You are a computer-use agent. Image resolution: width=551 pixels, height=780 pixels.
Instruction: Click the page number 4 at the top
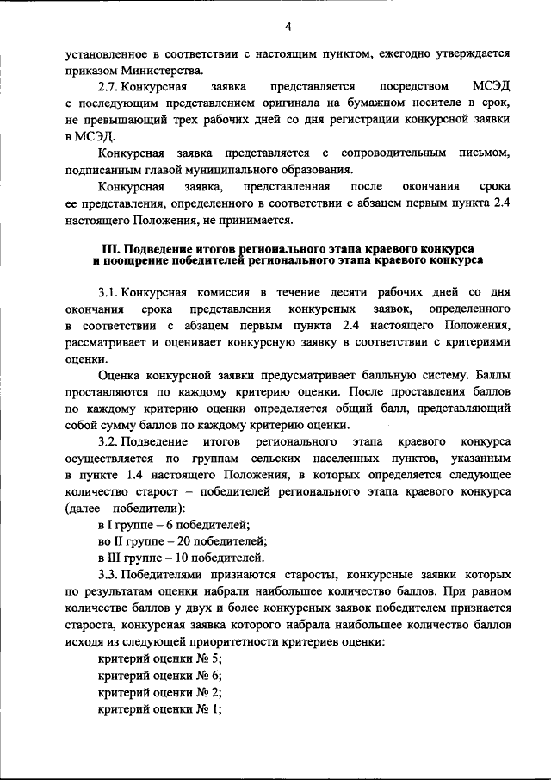[275, 25]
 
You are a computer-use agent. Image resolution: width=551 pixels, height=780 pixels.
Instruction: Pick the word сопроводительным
[383, 153]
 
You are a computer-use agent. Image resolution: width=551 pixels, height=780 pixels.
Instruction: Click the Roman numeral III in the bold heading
[108, 248]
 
